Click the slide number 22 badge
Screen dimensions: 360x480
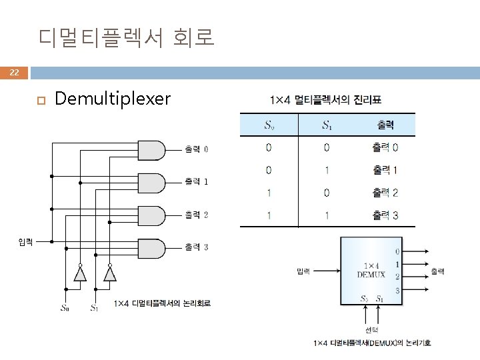tap(14, 72)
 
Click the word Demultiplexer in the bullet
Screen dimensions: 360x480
tap(113, 99)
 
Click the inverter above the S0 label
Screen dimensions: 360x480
tap(80, 273)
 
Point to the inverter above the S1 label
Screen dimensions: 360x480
tap(110, 273)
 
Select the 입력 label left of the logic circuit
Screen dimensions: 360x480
tap(25, 241)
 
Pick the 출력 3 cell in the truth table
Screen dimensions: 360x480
tap(385, 215)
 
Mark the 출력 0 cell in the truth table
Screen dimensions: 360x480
tap(385, 147)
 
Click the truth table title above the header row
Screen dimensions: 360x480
tap(330, 100)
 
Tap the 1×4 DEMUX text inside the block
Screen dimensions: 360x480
tap(371, 269)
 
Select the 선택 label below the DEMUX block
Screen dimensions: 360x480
tap(371, 329)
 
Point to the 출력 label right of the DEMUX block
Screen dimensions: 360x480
tap(437, 271)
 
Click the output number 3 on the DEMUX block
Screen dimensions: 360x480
tap(397, 290)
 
